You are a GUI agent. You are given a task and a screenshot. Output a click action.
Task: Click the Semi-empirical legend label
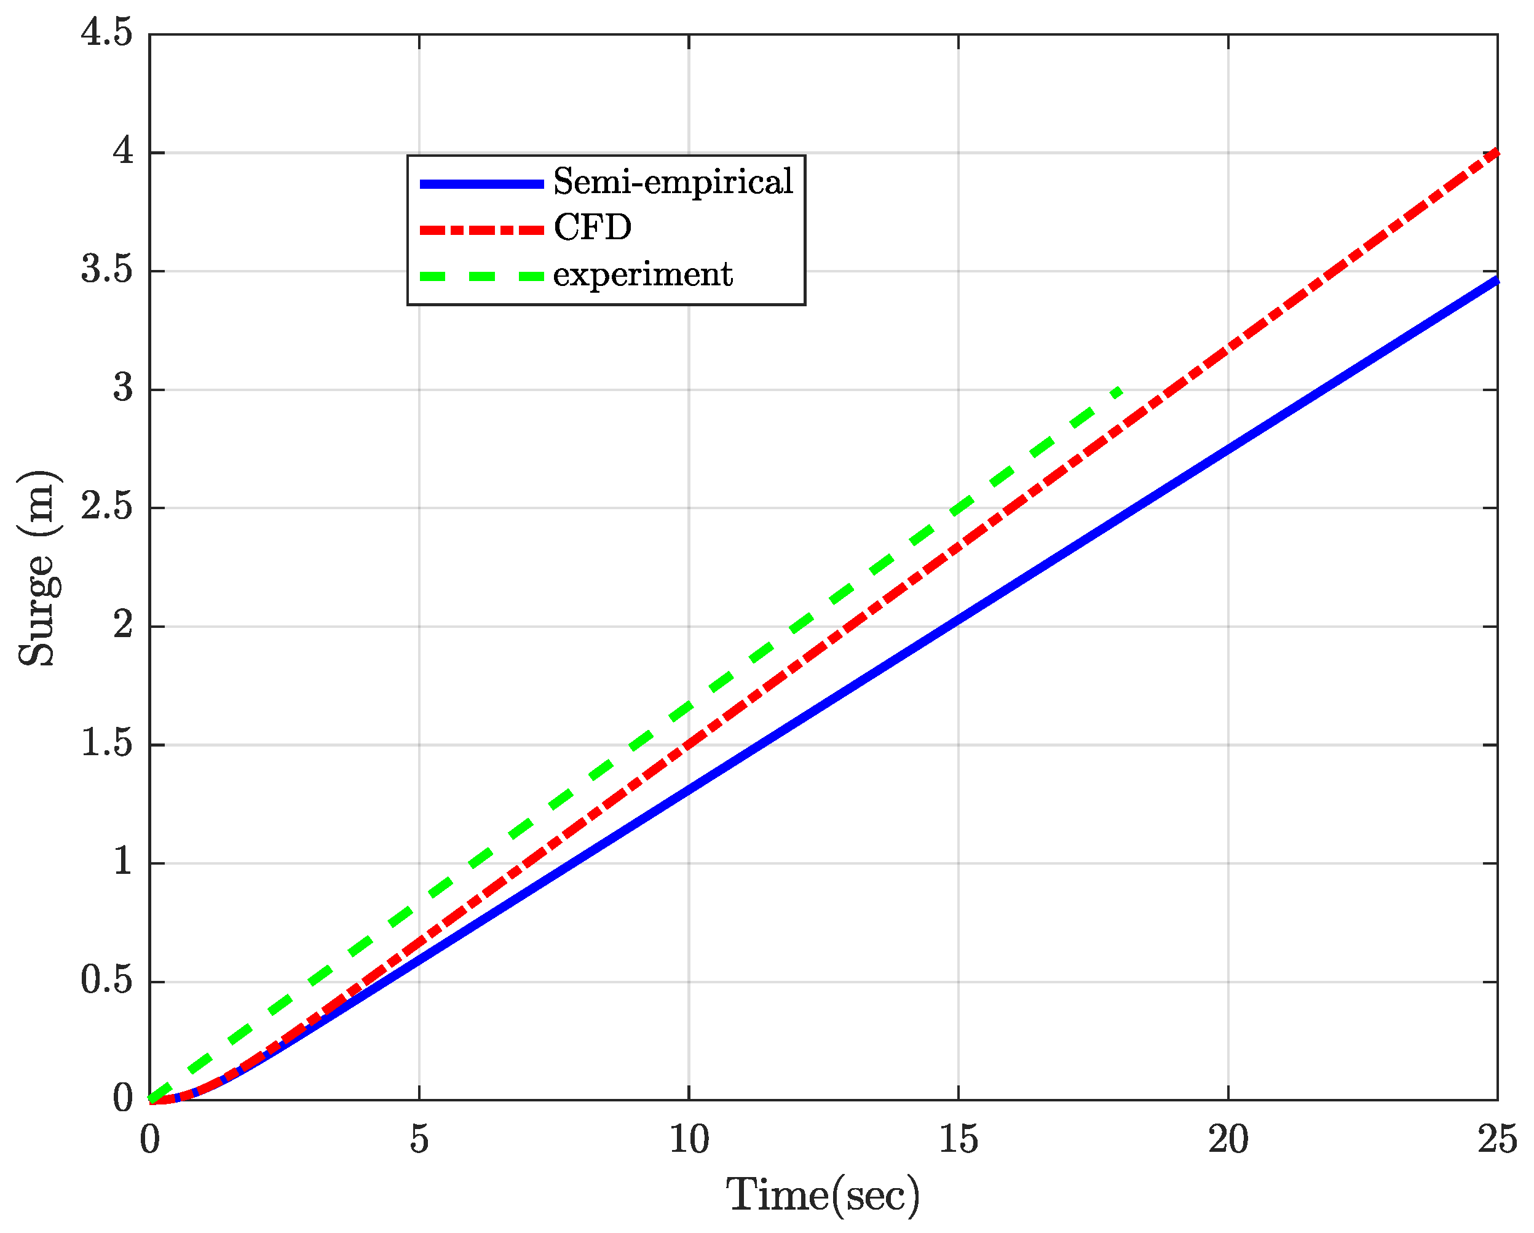[x=673, y=182]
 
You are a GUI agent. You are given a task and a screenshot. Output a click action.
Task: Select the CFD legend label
[x=593, y=228]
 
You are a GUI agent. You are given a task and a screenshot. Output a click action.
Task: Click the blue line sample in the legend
[x=481, y=183]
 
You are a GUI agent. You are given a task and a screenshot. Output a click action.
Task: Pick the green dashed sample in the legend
[x=481, y=276]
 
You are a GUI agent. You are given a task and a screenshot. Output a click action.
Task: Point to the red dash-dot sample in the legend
[x=481, y=230]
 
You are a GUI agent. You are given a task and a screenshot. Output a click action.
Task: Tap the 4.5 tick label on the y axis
[x=107, y=33]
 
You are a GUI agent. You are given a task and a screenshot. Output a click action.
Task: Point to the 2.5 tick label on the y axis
[x=107, y=507]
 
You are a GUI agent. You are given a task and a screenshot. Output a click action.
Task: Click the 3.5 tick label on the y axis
[x=107, y=271]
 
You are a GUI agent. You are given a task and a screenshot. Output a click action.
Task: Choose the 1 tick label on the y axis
[x=123, y=862]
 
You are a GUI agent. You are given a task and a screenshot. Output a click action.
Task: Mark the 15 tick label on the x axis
[x=958, y=1139]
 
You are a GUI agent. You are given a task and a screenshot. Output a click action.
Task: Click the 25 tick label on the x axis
[x=1497, y=1139]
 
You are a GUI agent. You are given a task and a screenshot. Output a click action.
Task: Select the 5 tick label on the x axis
[x=419, y=1139]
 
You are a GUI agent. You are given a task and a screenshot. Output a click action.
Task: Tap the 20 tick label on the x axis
[x=1228, y=1139]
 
